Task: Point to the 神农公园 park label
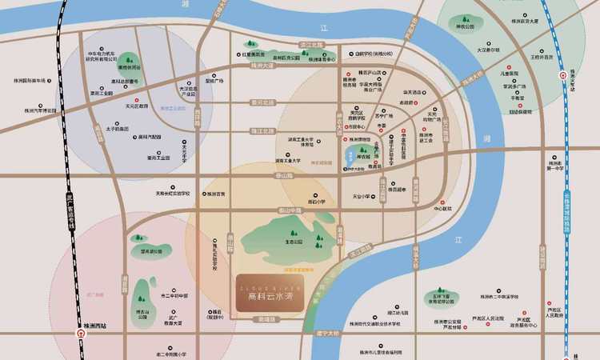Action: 464,26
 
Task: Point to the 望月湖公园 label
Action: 151,250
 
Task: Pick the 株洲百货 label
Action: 213,194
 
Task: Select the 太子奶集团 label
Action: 117,128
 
